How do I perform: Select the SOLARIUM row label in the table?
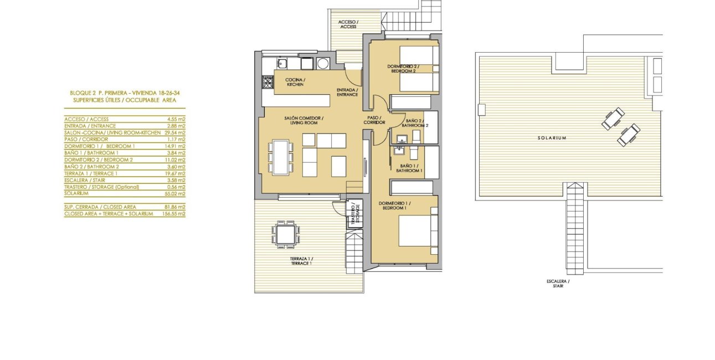pos(77,194)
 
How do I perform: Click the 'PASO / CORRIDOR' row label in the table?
pos(86,140)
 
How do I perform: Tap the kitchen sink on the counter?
pos(282,63)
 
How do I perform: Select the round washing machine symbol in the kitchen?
pos(322,63)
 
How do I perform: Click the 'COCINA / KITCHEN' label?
pos(295,82)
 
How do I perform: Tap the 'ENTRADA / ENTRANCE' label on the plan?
pos(347,92)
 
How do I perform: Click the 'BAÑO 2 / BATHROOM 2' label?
pos(417,123)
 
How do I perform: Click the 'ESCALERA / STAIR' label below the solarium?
pos(558,284)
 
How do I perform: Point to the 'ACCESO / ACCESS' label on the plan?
pos(348,24)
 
